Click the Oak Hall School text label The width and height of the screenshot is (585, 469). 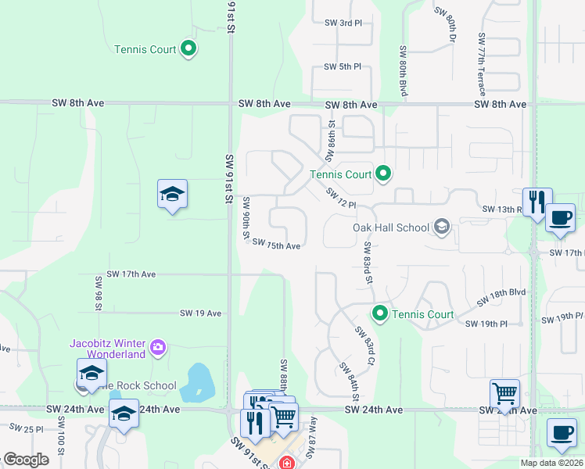[391, 227]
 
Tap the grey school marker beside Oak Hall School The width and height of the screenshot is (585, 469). [442, 227]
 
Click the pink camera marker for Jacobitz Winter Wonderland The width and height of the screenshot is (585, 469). [158, 347]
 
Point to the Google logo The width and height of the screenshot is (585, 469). [26, 460]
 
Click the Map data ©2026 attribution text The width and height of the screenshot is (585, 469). [551, 463]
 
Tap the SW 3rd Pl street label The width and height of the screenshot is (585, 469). [343, 23]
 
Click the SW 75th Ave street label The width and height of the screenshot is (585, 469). [277, 245]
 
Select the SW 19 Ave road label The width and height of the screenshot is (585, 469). [201, 313]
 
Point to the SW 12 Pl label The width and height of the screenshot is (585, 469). [341, 199]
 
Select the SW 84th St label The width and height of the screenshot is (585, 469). [349, 381]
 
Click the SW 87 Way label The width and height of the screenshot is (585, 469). [313, 432]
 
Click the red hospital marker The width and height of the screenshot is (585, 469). [287, 464]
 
